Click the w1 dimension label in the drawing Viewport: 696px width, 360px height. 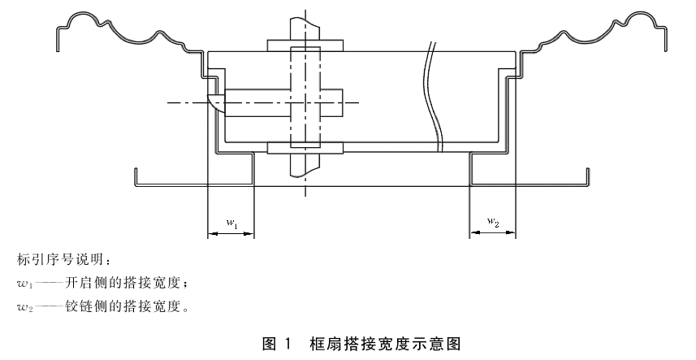[232, 223]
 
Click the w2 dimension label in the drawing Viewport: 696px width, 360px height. [493, 222]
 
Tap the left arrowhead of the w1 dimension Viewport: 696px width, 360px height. [213, 233]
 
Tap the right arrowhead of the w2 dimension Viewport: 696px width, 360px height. [511, 232]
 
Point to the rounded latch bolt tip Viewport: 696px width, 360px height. [216, 102]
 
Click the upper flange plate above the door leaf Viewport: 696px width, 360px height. [305, 46]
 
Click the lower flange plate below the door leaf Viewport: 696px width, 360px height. [305, 148]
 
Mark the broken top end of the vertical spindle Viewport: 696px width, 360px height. [305, 19]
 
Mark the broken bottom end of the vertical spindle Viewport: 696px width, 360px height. [305, 175]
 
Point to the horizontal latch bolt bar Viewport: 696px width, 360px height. [283, 102]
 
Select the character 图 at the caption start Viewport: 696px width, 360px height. [270, 344]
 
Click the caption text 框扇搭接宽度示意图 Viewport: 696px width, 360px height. [385, 344]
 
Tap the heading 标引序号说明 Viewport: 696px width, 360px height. [61, 260]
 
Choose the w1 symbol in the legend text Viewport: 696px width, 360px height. [25, 284]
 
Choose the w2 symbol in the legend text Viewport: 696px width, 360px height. [25, 307]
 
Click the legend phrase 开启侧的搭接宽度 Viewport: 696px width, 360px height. [125, 284]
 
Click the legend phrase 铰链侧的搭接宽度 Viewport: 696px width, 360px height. [125, 306]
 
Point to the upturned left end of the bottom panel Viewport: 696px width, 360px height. [136, 177]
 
